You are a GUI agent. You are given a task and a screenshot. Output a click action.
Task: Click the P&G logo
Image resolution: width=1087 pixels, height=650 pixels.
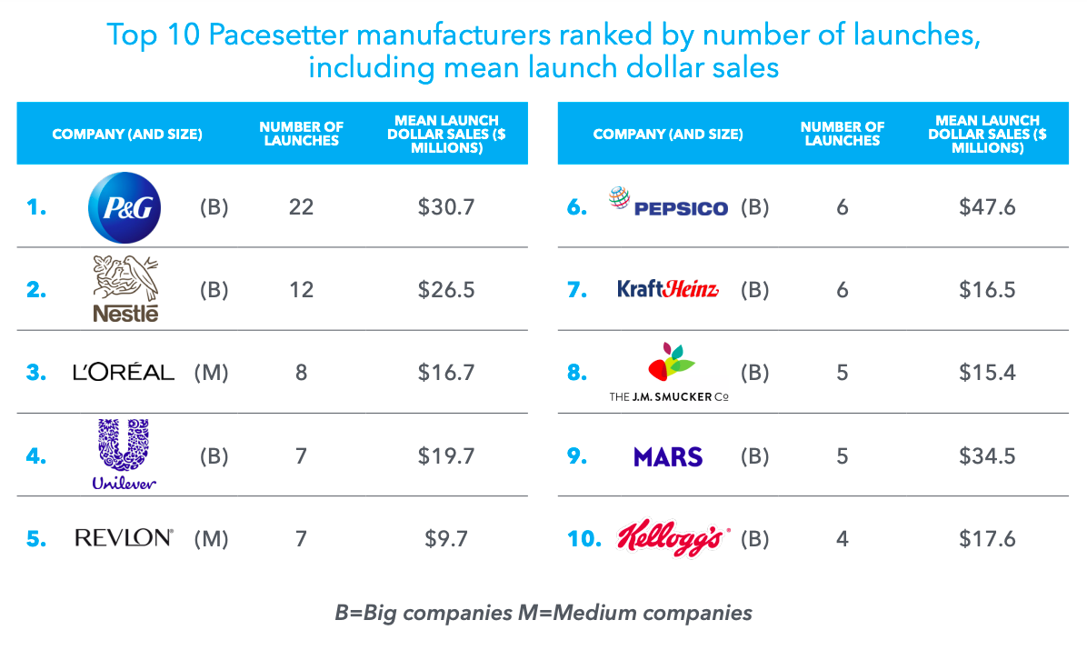tap(125, 208)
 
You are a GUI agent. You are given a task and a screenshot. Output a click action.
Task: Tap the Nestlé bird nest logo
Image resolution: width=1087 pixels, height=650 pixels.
tap(125, 287)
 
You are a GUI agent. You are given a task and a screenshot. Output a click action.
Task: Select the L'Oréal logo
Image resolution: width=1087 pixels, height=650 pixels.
tap(124, 372)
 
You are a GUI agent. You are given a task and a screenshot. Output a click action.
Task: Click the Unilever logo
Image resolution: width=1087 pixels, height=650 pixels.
tap(124, 454)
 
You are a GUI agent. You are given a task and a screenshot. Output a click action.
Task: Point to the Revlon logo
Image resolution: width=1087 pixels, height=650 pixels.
tap(124, 538)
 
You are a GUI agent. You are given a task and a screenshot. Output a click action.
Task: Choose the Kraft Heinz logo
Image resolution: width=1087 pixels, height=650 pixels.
tap(668, 290)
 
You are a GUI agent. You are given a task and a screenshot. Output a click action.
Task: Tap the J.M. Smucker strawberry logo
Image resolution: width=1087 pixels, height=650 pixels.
tap(670, 371)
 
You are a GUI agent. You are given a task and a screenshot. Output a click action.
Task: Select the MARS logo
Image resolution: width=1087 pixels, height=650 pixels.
tap(668, 456)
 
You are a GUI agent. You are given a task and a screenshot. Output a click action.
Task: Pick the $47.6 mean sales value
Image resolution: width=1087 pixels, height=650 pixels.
tap(987, 207)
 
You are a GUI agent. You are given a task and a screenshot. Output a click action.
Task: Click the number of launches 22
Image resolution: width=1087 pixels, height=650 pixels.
tap(301, 207)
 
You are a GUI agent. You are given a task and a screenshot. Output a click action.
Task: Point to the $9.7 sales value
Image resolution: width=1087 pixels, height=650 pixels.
tap(446, 539)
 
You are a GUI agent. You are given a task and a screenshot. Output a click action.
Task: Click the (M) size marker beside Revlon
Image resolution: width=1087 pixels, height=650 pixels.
tap(211, 539)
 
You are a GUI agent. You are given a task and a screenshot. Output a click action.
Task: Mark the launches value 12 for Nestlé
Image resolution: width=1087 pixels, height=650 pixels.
tap(301, 290)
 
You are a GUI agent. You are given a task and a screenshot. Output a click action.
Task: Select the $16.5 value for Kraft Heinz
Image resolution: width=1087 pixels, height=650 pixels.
tap(987, 290)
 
